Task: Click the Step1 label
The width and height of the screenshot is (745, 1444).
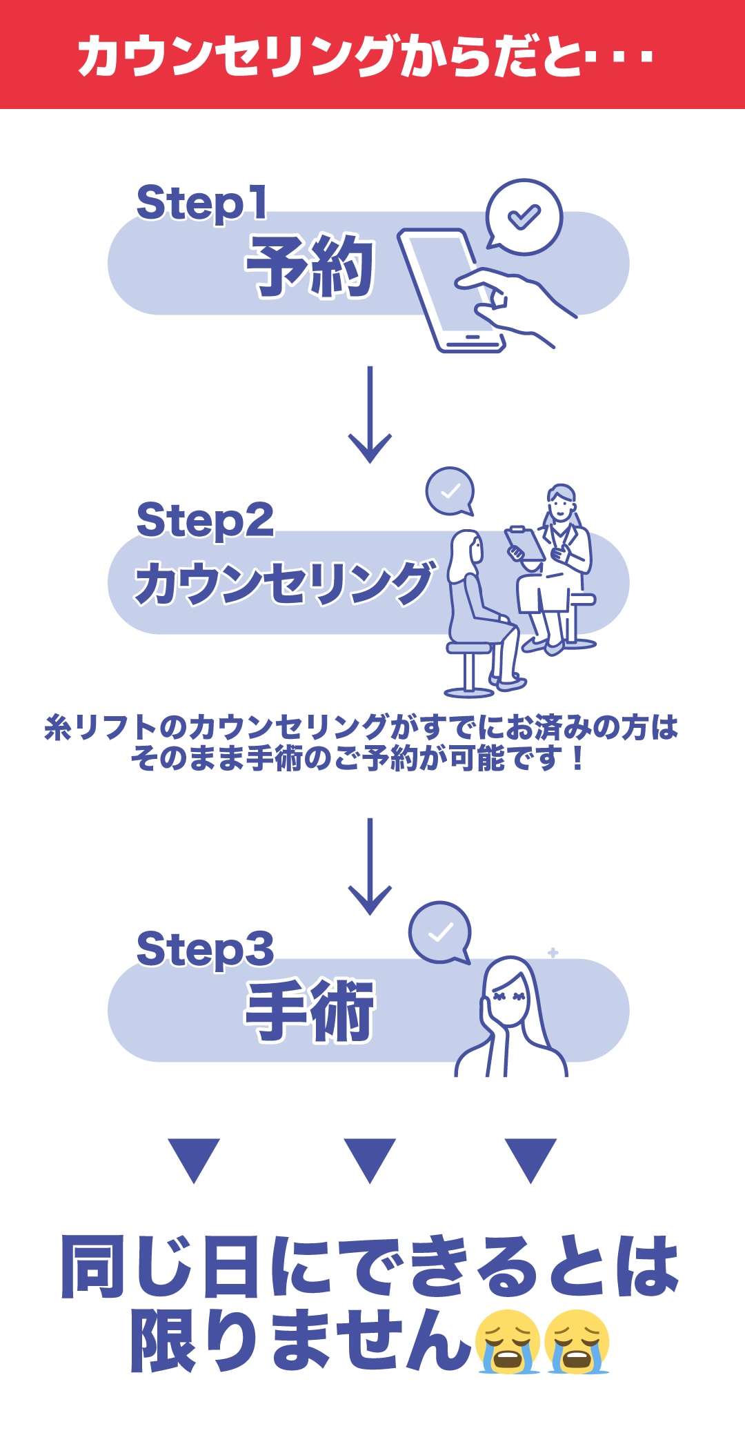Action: tap(201, 203)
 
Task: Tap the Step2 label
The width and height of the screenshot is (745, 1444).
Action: tap(205, 521)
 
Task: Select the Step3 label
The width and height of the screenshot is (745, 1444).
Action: tap(205, 949)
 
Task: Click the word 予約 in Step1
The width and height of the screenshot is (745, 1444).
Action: tap(310, 266)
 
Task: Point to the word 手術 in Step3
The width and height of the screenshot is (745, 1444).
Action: tap(310, 1011)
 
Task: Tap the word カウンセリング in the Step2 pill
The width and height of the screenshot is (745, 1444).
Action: tap(285, 583)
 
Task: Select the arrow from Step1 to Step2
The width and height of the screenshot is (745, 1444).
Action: tap(370, 415)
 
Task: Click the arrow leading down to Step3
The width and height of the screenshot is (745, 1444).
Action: tap(370, 867)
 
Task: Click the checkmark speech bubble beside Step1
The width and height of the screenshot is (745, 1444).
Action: tap(524, 217)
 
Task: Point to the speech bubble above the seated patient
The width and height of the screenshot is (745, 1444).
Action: tap(450, 491)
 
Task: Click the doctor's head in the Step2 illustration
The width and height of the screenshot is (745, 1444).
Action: tap(561, 502)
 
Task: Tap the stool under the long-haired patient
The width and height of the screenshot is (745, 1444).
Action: tap(468, 669)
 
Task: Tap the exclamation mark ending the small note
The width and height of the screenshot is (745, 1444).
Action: tap(578, 759)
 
